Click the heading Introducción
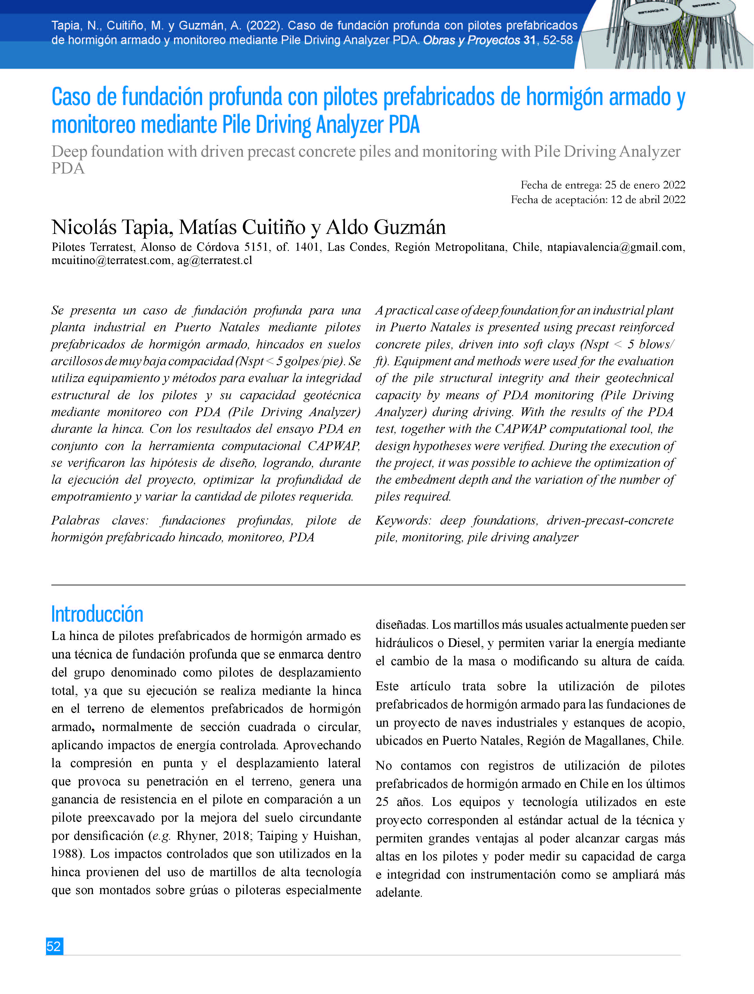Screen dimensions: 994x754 click(x=97, y=614)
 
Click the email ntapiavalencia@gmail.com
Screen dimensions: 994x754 click(x=615, y=247)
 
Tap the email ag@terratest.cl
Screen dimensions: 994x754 click(x=214, y=261)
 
